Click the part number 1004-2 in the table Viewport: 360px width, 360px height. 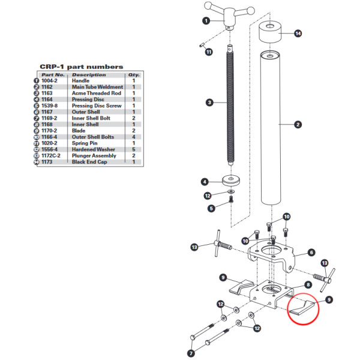coord(49,81)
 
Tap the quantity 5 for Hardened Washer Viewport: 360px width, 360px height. coord(134,149)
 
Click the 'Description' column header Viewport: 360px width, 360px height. coord(89,75)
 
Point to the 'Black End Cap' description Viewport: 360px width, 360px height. coord(89,162)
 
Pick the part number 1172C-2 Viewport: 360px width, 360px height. coord(51,155)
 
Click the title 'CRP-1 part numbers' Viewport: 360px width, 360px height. coord(82,67)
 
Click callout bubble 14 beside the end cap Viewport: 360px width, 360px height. coord(298,34)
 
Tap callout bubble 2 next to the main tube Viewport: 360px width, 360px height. coord(298,125)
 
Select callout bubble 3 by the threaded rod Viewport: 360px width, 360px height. coord(209,103)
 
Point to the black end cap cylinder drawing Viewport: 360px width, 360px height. coord(270,32)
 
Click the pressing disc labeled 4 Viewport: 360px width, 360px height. coord(231,181)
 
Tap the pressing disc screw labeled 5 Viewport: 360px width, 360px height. coord(231,199)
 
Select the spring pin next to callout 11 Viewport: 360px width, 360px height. coord(202,45)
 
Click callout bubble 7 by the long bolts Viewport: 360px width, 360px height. coord(191,353)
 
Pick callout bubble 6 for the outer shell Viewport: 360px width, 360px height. coord(311,253)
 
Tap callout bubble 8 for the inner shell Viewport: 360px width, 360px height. coord(308,285)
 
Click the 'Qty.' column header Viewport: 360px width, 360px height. coord(134,75)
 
